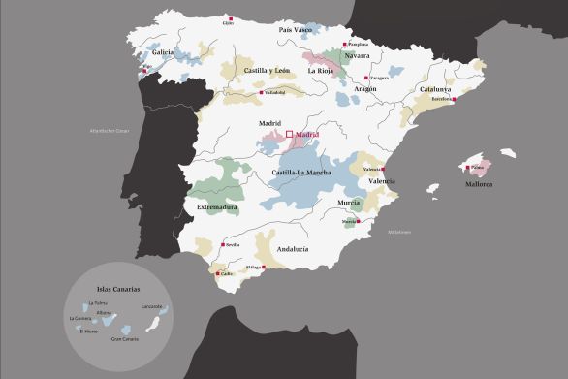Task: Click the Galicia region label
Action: tap(162, 52)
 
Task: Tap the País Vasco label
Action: tap(296, 30)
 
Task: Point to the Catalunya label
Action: tap(435, 88)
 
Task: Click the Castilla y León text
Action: tap(268, 71)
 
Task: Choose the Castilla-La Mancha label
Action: tap(300, 173)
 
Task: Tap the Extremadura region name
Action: tap(217, 206)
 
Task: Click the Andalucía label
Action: tap(292, 249)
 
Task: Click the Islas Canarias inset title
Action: tap(118, 289)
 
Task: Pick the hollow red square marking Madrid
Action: tap(290, 135)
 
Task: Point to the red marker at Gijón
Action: tap(228, 16)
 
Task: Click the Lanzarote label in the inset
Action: tap(151, 306)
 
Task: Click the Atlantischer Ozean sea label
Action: tap(110, 130)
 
